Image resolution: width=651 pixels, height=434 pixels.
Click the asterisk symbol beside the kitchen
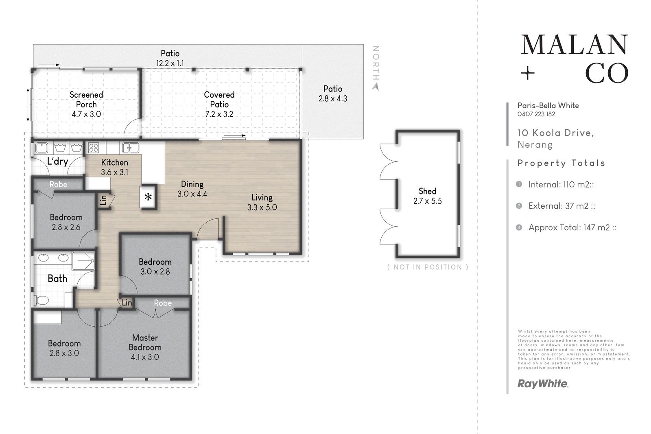point(148,197)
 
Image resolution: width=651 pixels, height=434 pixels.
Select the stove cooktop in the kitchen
point(93,148)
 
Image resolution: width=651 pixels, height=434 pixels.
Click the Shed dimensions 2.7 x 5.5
point(428,201)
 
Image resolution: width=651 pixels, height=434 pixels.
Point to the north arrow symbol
point(376,87)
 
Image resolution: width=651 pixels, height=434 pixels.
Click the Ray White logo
point(543,384)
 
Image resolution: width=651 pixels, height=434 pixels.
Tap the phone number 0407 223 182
point(536,114)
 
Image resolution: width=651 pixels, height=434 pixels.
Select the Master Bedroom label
point(145,342)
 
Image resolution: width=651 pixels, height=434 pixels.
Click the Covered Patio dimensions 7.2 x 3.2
point(219,114)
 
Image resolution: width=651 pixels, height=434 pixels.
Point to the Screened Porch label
point(86,99)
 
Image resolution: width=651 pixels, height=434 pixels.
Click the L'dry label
point(57,161)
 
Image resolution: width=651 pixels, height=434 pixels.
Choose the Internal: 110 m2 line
point(561,185)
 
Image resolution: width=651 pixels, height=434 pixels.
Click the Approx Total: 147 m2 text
point(572,227)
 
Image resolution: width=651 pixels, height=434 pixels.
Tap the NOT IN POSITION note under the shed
point(428,267)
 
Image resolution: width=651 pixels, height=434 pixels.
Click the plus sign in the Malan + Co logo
point(527,73)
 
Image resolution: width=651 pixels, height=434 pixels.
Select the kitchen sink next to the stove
point(131,148)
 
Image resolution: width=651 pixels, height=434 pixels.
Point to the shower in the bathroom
point(83,261)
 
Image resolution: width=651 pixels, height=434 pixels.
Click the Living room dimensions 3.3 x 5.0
point(262,207)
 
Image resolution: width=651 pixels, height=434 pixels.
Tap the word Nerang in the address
point(535,145)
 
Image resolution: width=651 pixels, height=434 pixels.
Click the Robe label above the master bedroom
point(163,303)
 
